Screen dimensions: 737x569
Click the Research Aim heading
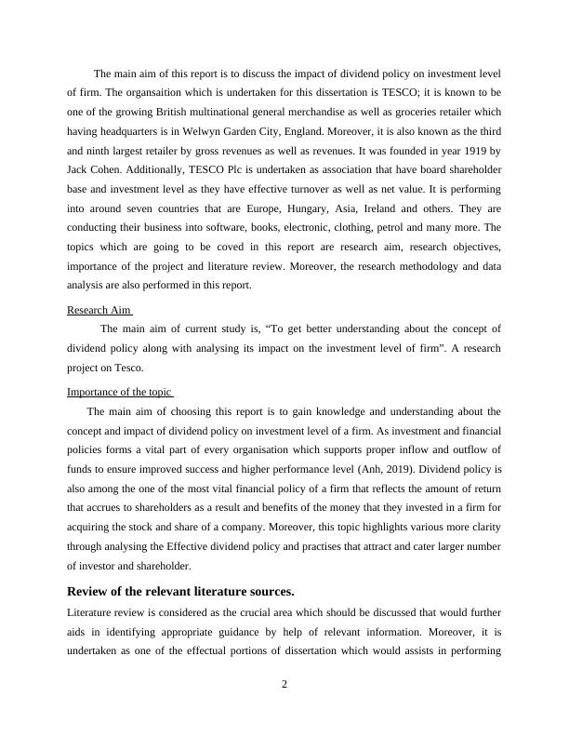[x=99, y=310]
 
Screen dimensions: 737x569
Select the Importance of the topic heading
[x=120, y=391]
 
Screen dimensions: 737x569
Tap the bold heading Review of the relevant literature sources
[x=180, y=591]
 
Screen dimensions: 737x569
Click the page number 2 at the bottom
[x=284, y=685]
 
